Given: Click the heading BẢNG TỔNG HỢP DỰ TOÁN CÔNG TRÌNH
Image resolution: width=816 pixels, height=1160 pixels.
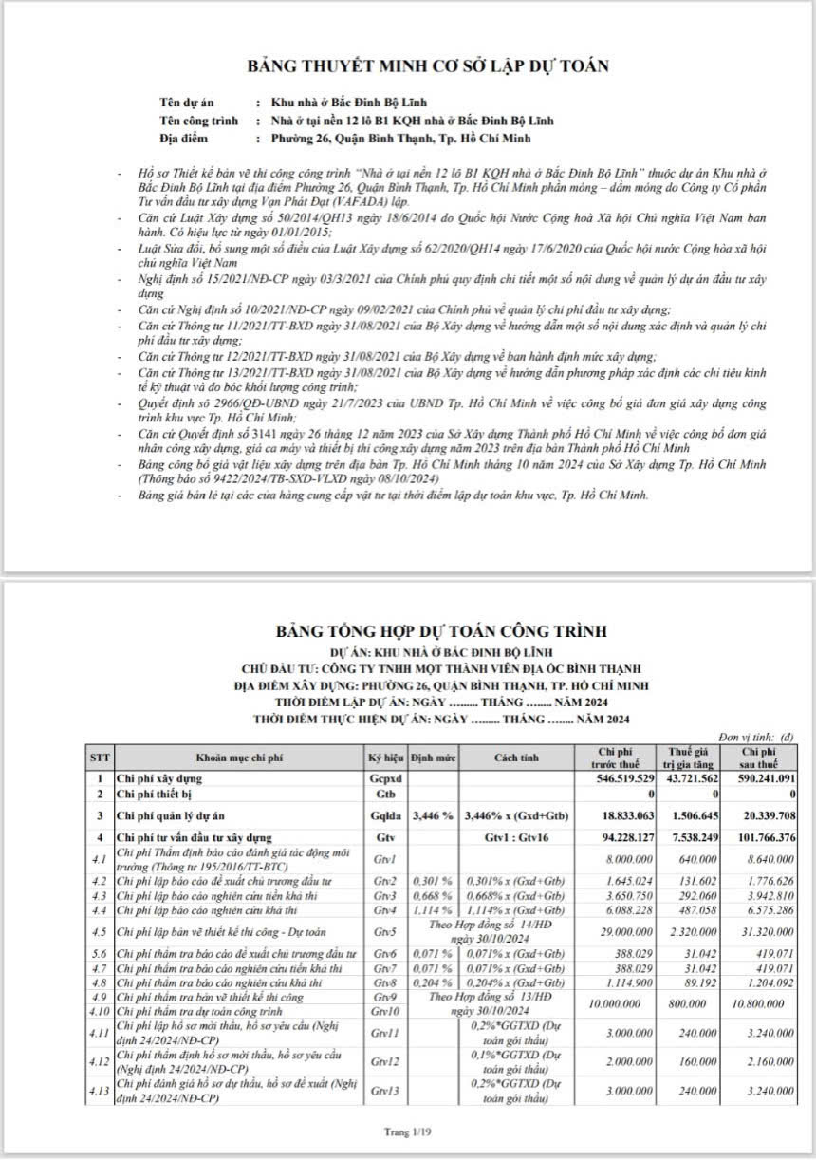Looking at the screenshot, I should [x=443, y=631].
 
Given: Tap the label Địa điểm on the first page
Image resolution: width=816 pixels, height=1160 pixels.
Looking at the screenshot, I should [x=184, y=139].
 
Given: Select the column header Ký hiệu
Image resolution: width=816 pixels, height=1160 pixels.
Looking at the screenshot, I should [x=385, y=758].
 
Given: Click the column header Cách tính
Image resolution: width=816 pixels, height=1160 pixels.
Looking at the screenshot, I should [x=516, y=758].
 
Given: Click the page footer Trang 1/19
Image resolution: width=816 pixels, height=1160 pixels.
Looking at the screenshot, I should [x=408, y=1132].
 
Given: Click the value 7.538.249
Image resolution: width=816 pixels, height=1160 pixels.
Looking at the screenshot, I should [x=695, y=838].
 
